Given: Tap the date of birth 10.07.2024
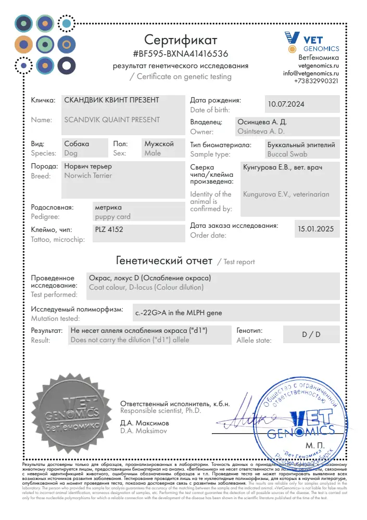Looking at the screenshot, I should point(286,104).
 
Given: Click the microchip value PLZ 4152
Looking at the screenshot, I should point(109,229).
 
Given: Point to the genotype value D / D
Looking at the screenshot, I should point(311,334).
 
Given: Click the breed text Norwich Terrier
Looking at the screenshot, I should point(88,176).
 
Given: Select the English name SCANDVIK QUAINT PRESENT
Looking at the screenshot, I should point(112,120).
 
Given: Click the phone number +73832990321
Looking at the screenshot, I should point(316,81).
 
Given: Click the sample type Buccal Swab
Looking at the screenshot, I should point(287,154).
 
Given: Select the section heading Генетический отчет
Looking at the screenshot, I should point(163,260).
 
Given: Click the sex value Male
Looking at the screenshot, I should point(153,153).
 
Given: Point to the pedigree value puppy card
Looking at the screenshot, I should point(113,217).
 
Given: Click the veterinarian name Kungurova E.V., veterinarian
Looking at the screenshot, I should point(286,194).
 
